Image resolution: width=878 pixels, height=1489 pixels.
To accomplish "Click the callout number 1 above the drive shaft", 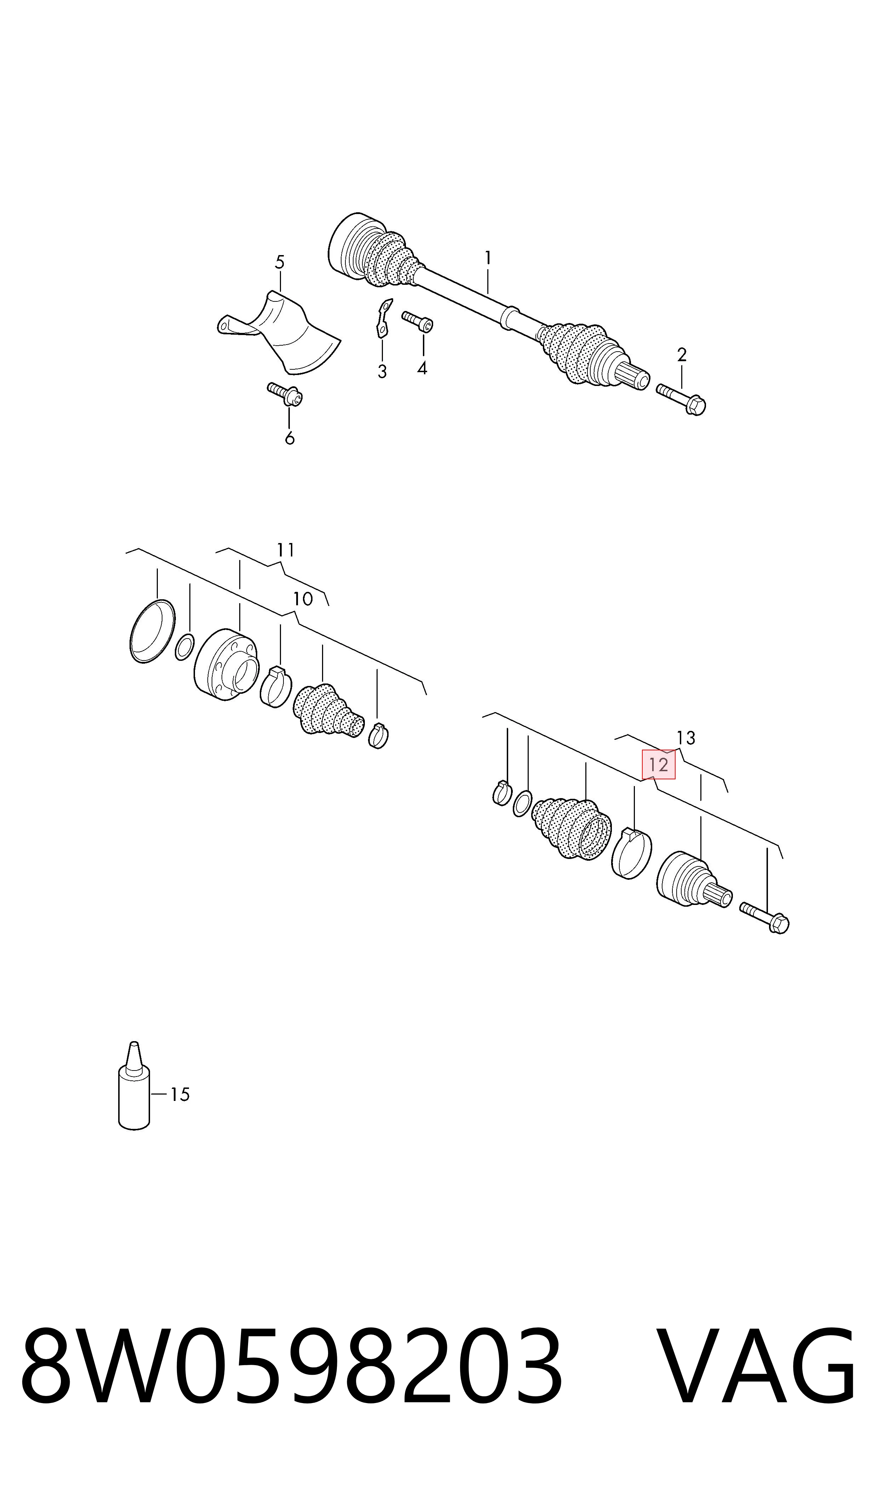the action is [488, 258].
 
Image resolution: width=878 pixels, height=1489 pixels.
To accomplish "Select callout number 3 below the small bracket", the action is [382, 371].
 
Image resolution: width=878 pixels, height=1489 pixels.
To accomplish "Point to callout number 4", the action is [422, 368].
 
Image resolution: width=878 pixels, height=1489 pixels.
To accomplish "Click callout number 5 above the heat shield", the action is [280, 262].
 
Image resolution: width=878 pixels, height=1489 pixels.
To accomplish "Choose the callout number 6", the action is [289, 438].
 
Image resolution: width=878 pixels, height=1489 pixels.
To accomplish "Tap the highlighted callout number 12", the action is [659, 764].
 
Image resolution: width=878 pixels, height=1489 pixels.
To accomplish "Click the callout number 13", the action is [686, 738].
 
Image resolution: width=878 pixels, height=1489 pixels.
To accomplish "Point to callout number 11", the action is [286, 550].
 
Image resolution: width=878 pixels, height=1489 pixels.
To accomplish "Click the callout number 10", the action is [303, 599].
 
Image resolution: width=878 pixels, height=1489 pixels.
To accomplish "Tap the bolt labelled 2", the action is [681, 399].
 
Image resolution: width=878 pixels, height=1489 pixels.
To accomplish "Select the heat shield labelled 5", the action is [278, 332].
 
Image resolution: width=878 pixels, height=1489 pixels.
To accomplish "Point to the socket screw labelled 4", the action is [418, 322].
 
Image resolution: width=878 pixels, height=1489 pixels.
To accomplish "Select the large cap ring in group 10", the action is [152, 631].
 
